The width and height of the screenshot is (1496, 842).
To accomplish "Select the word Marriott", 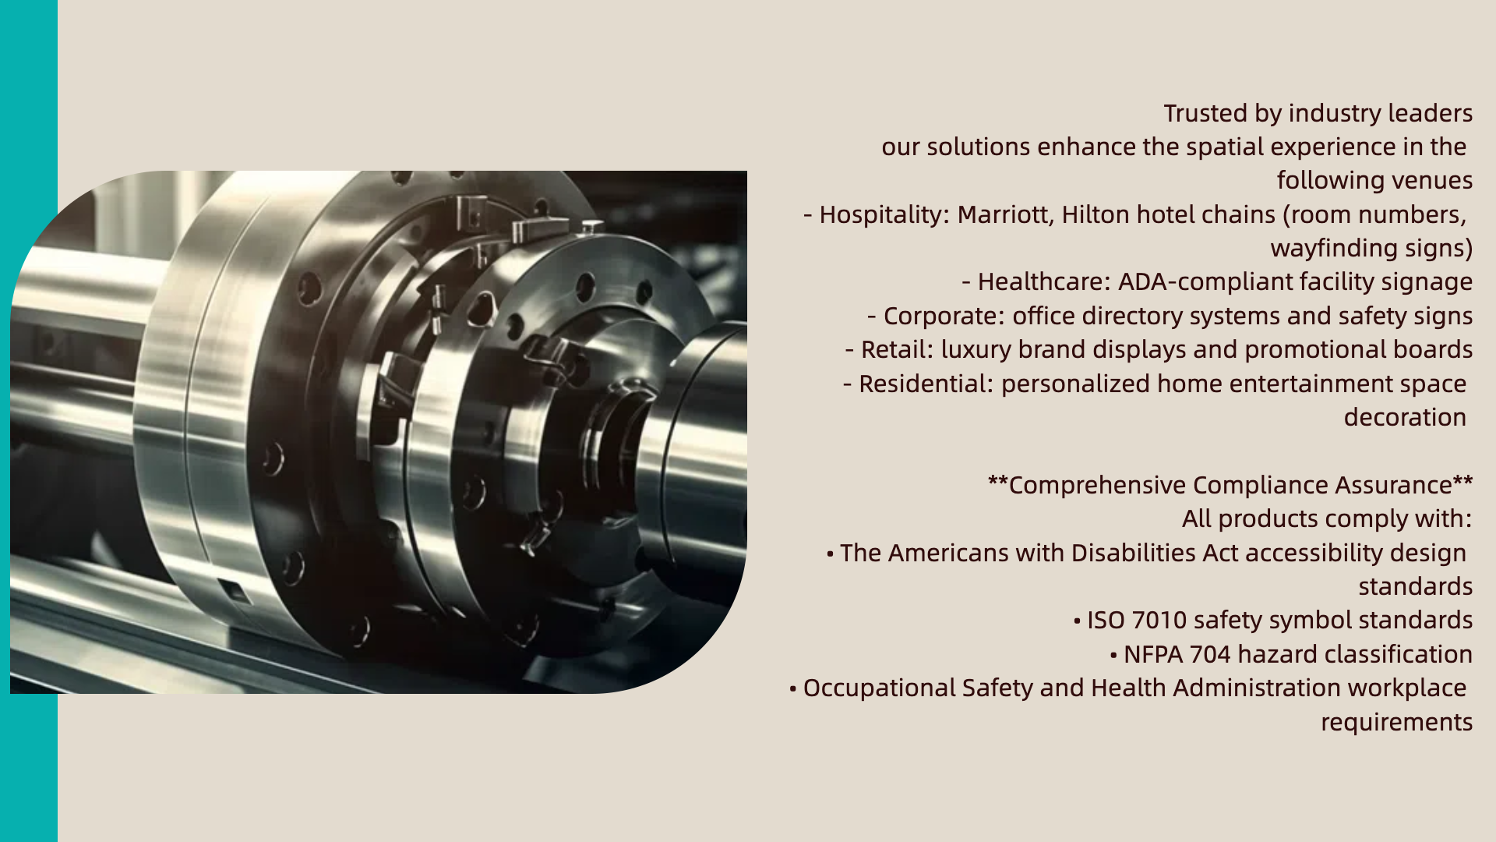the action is point(1005,215).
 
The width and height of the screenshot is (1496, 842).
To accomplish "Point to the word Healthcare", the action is point(1043,282).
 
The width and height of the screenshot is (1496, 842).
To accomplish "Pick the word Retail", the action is point(897,350).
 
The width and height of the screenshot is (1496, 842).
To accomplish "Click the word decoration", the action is point(1405,418).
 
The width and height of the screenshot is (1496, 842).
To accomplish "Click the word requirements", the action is point(1396,723).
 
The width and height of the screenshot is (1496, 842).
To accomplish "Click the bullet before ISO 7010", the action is point(1077,621).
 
